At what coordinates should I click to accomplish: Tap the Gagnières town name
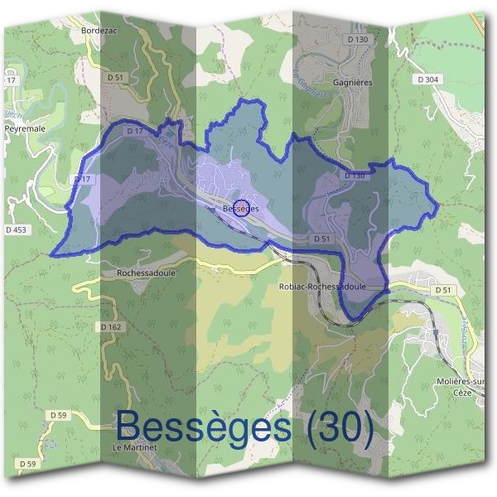click(x=352, y=83)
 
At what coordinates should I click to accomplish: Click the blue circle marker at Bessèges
click(x=242, y=207)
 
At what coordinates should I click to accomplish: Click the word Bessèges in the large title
click(x=204, y=427)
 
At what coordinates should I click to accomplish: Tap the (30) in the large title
click(x=339, y=427)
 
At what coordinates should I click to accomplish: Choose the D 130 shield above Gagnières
click(x=358, y=39)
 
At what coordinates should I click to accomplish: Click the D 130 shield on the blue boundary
click(x=354, y=176)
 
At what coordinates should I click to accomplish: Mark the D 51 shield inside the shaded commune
click(x=322, y=239)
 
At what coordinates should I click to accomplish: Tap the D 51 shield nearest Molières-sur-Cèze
click(x=443, y=290)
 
